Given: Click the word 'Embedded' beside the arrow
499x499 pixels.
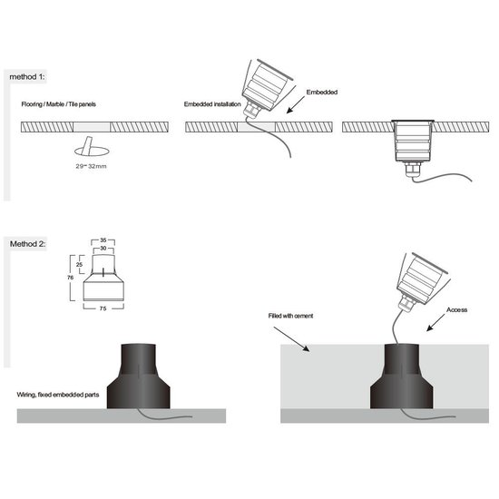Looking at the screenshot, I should (x=322, y=93).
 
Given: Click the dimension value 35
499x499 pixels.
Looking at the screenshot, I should (x=105, y=240).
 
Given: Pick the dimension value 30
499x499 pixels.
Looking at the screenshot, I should (x=105, y=249).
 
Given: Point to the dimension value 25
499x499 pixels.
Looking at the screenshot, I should (x=80, y=265).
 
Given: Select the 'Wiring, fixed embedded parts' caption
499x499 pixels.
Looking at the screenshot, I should (x=56, y=396).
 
